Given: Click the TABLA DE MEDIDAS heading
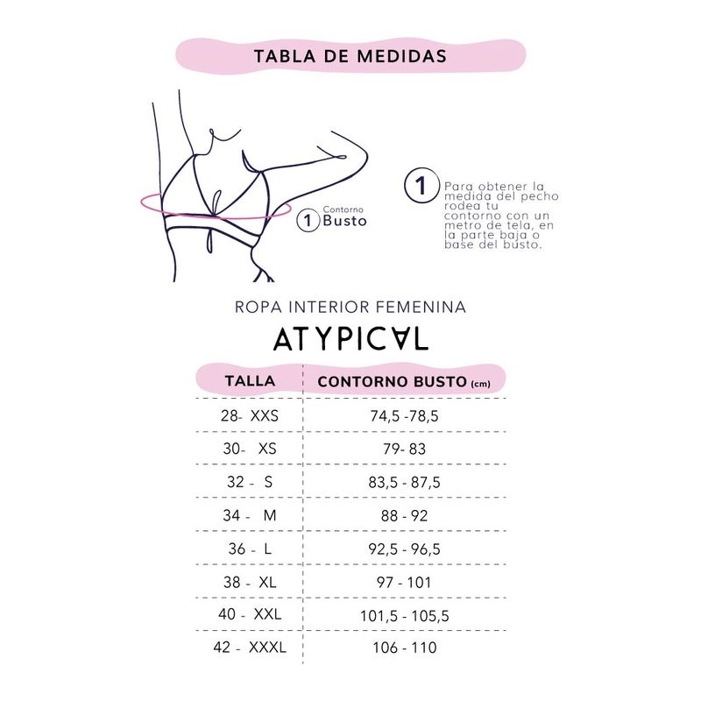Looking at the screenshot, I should [350, 56].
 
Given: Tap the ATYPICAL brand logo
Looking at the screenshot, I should [350, 339].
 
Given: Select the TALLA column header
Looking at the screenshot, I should [250, 381].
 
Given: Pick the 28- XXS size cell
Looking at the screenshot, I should [250, 416].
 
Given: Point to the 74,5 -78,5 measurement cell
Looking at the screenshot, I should [404, 416].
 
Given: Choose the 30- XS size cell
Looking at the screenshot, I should [250, 449].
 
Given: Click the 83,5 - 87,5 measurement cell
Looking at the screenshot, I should [404, 482].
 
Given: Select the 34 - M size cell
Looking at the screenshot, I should [250, 515].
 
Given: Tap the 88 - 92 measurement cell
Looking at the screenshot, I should [404, 515].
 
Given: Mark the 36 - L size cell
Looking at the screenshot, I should [250, 549].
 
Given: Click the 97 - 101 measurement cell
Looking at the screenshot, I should [404, 582].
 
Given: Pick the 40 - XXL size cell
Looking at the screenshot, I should [250, 614].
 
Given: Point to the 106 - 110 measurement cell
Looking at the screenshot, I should [404, 648].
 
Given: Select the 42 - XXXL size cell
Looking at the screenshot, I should [250, 648].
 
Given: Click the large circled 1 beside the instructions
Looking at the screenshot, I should [421, 187].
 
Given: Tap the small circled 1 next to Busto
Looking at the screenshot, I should [308, 220].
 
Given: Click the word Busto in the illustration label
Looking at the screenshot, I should [344, 220].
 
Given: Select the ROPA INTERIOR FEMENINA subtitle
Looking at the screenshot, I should [350, 308].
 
